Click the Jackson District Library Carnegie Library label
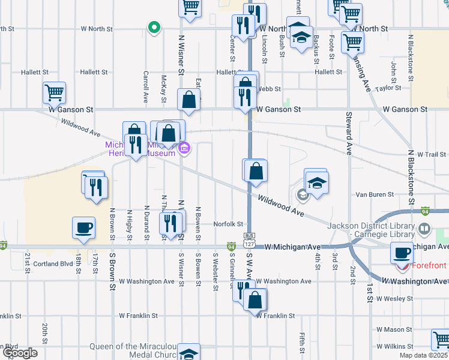pos(371,229)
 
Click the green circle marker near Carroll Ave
pos(154,27)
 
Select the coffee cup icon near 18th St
pos(83,228)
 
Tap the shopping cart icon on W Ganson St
pos(54,93)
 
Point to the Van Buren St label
pos(374,194)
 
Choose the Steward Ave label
pos(348,134)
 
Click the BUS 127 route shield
pos(249,239)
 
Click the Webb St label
pos(270,89)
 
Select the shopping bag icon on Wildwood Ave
pos(255,170)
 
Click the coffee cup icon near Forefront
pos(402,253)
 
